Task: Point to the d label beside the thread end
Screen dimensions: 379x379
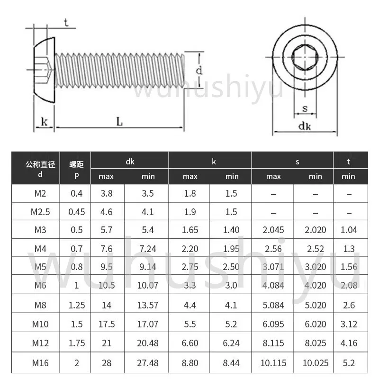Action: point(199,71)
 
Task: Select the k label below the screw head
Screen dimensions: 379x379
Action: point(45,122)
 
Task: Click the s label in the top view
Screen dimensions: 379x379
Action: point(305,108)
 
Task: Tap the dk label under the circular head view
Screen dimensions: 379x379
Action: point(305,126)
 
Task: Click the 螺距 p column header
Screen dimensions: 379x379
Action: point(76,169)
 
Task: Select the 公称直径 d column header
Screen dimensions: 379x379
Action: point(40,169)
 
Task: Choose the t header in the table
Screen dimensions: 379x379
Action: point(348,162)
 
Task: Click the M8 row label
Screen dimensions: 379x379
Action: point(40,305)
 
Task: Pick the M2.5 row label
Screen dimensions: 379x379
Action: point(40,211)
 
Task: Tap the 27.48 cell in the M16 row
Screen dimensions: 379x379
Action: point(148,363)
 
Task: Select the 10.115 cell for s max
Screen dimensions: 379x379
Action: point(273,363)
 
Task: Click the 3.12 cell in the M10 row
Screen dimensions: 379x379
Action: point(348,325)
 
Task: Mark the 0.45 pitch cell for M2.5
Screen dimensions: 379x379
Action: point(76,211)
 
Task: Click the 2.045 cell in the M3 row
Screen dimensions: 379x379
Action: point(273,230)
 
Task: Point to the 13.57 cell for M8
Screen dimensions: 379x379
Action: point(148,305)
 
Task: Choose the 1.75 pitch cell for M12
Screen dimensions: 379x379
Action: point(76,343)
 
